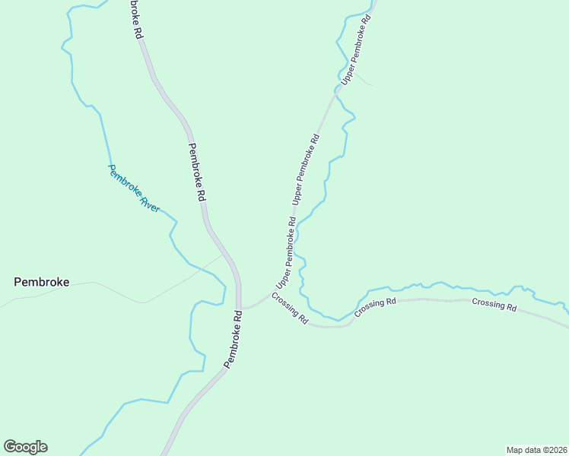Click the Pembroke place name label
42,282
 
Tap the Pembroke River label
134,188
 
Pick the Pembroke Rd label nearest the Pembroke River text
197,172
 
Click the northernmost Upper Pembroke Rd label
356,49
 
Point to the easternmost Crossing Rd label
494,305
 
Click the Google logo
25,447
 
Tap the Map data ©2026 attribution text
536,449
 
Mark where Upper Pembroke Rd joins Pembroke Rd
241,308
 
